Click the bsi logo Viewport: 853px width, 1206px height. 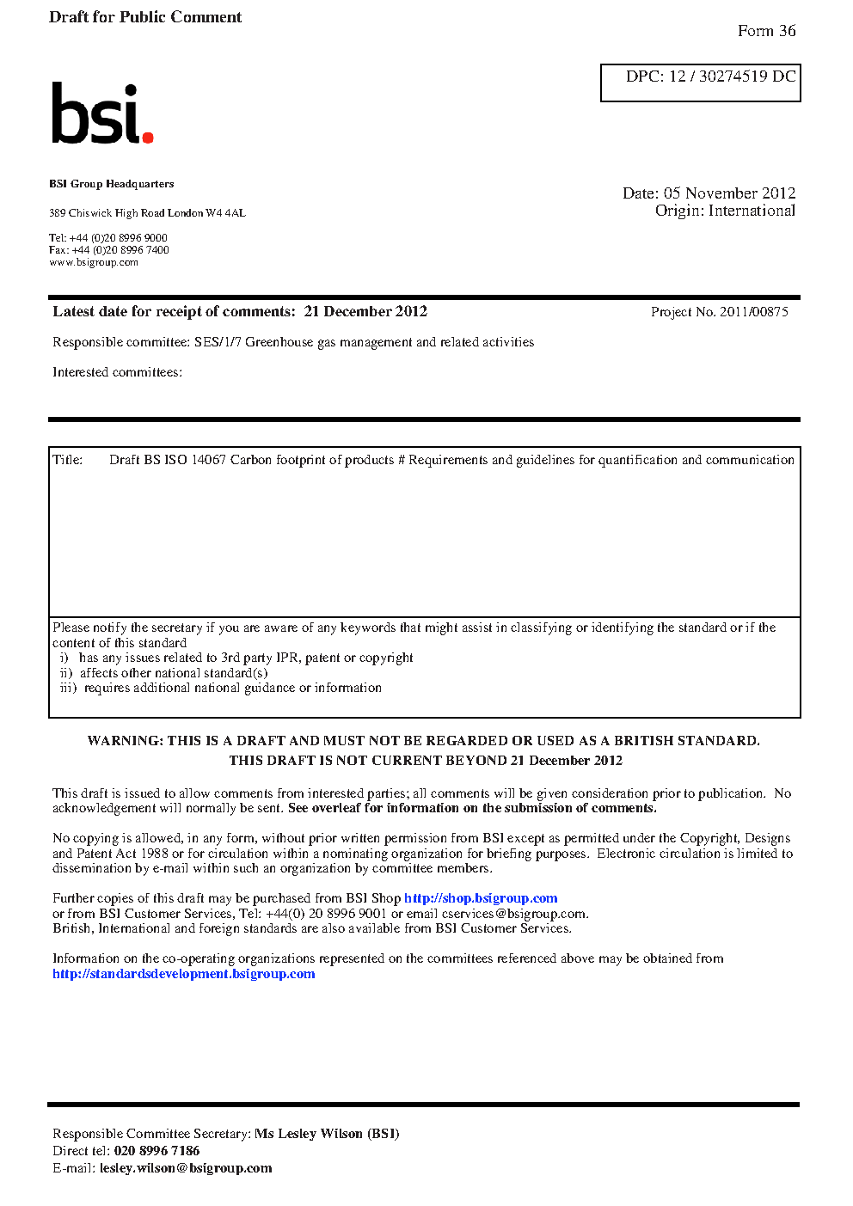pos(101,113)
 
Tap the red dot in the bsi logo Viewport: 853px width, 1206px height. pos(148,137)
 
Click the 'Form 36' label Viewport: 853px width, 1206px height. pos(766,31)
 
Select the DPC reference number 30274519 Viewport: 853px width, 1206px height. pos(733,77)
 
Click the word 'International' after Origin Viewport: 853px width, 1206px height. pos(752,211)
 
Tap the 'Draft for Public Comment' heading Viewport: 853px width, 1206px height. pos(145,17)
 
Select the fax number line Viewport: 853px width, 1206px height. pos(109,250)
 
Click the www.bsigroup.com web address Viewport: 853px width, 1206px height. pos(94,262)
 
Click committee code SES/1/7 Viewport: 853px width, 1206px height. pos(218,342)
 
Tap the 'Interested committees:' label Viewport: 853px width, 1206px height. pos(117,372)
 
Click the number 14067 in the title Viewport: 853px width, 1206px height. pos(208,460)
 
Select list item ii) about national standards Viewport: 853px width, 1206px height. pos(164,673)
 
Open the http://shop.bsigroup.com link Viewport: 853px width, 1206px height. pos(481,898)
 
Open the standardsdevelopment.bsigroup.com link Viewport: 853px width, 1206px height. pos(184,974)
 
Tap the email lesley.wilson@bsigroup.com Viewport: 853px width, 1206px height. pos(186,1168)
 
